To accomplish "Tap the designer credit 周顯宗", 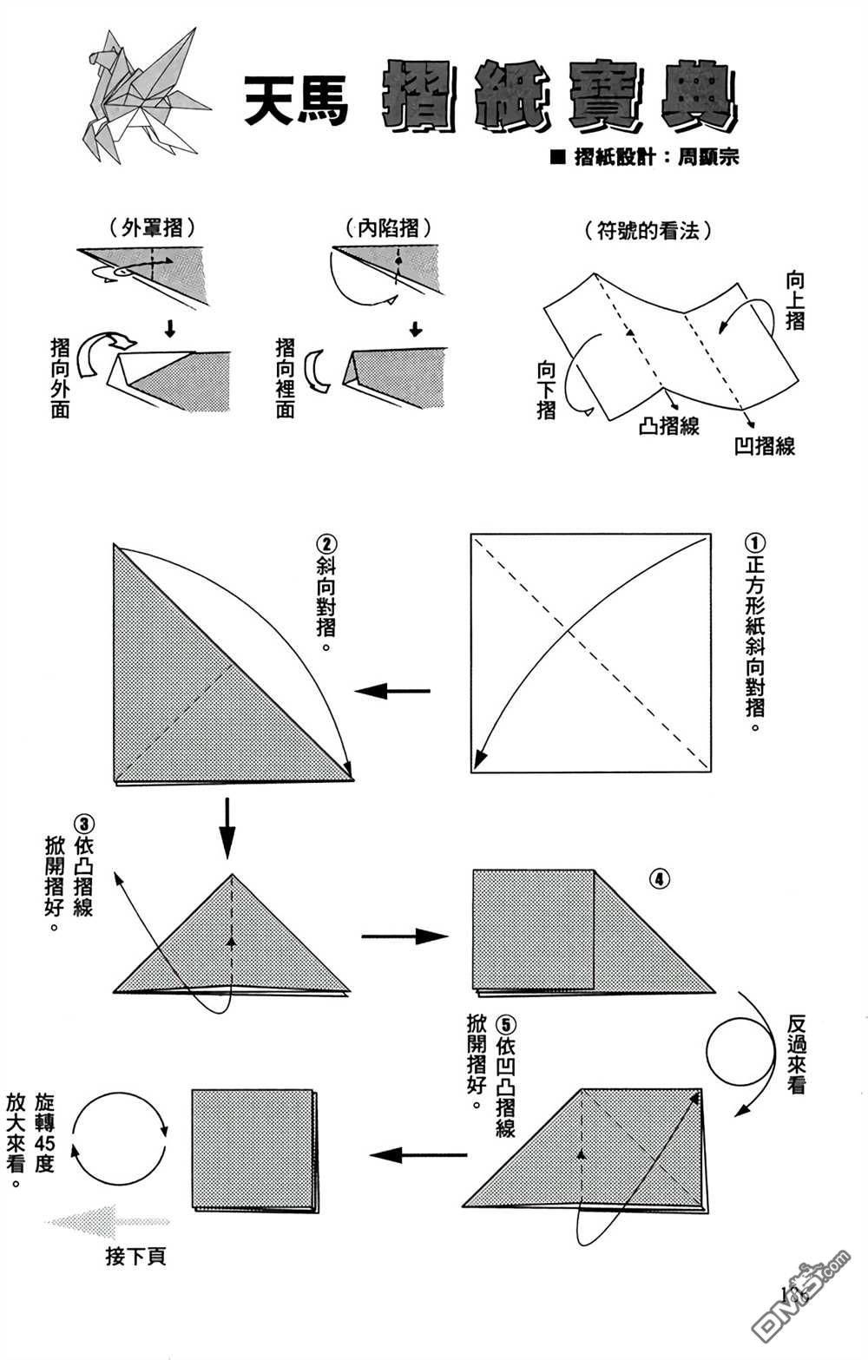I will point(707,158).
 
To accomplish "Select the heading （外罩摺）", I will point(152,228).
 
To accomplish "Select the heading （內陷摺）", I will point(388,228).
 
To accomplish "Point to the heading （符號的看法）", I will point(649,231).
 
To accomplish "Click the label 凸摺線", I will point(668,425).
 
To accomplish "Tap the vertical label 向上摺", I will point(795,299).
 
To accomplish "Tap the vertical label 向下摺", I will point(546,391).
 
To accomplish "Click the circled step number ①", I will point(754,543).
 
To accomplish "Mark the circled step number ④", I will point(659,879).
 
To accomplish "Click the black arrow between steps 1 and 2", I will point(393,691).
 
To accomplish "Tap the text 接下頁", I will point(135,1256).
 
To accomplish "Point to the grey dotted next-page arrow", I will point(106,1222).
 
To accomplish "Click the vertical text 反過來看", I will point(796,1054).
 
